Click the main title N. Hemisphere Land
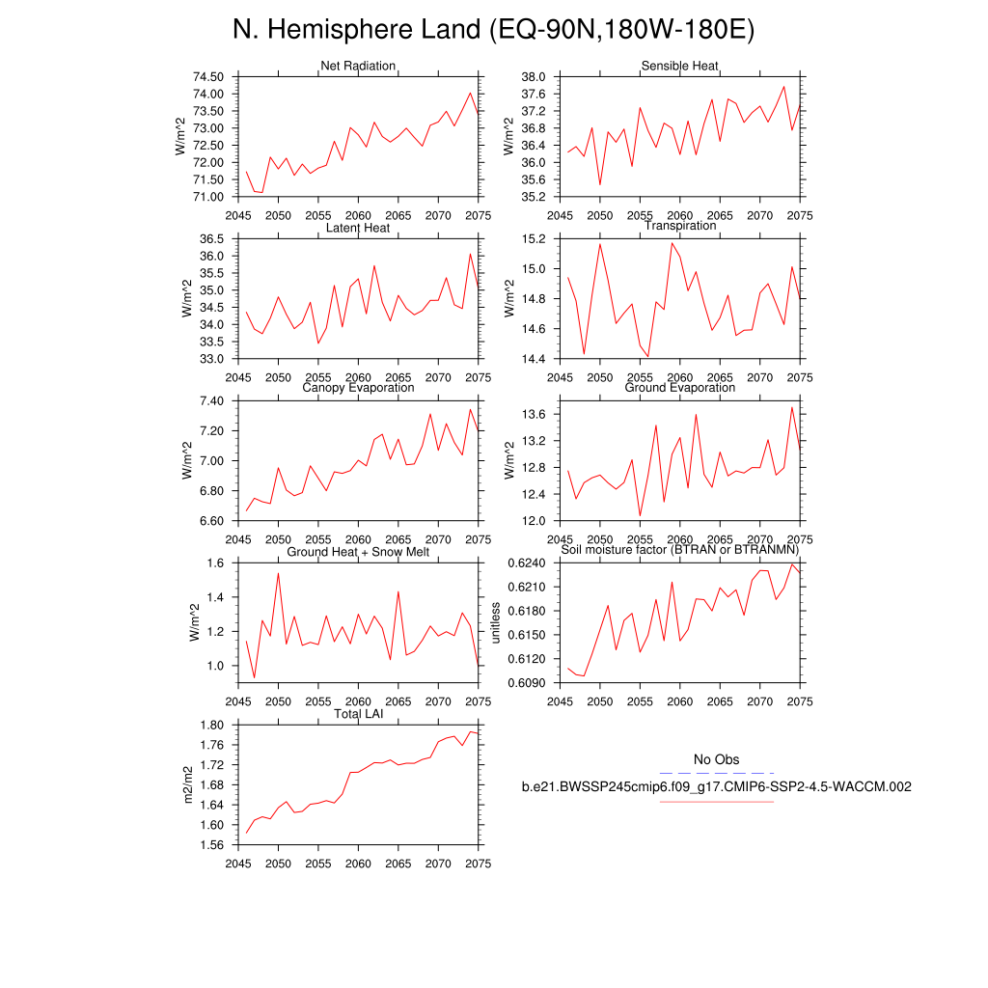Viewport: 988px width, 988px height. point(493,31)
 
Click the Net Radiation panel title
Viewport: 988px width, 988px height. point(358,66)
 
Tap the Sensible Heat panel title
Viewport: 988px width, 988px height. point(679,66)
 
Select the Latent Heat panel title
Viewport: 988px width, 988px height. point(358,228)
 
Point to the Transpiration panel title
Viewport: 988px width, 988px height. point(680,226)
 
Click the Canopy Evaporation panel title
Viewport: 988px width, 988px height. point(358,388)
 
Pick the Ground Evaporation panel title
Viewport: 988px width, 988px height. point(680,388)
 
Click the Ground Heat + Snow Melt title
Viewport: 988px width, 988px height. point(358,552)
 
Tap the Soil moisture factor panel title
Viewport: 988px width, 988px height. point(680,550)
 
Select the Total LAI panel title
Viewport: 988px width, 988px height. point(358,714)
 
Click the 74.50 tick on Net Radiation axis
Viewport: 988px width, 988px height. point(208,76)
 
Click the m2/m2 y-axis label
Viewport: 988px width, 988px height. point(190,784)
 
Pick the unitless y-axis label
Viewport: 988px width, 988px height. point(496,622)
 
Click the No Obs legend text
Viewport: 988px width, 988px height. point(716,760)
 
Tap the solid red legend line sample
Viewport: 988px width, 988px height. point(716,801)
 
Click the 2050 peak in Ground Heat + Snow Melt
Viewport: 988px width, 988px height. point(279,573)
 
